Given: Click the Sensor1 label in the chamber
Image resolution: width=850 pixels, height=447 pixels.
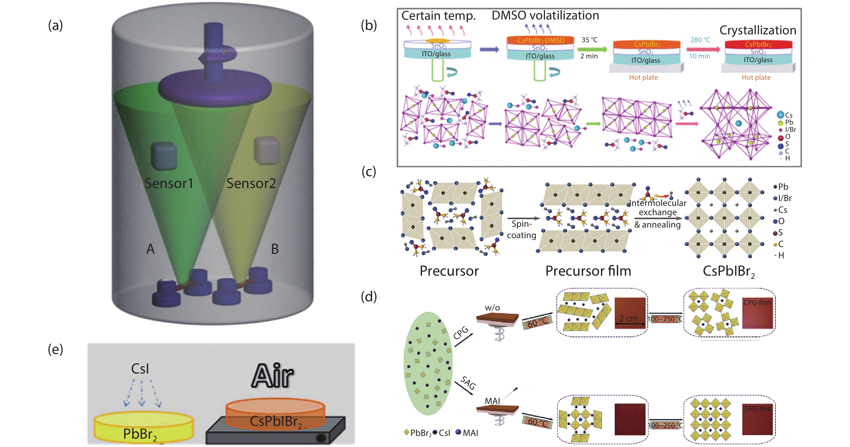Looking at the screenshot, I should pos(169,183).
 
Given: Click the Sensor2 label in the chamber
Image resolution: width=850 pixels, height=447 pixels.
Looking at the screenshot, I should pos(251,183).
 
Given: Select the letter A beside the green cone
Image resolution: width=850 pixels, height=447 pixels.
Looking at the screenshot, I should pos(151,249).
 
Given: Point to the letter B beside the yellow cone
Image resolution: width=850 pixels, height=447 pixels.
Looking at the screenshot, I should pos(274,249).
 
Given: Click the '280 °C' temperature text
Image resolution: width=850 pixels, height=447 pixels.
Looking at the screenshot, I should pos(700,40).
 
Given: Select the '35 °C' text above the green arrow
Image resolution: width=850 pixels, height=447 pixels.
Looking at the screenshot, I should pos(589,40).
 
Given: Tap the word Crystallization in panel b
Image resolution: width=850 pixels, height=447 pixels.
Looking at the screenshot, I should pos(758,30).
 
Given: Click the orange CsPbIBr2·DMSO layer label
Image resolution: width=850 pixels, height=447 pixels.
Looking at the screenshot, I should pos(540,40).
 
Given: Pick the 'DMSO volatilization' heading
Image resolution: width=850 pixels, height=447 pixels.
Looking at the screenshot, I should pos(545,15).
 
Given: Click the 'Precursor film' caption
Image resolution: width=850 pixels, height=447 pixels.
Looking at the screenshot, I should pos(588,271).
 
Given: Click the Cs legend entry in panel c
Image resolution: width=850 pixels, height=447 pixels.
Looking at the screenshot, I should pos(781,210).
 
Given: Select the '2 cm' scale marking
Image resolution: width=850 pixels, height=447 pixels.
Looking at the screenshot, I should pos(628,318).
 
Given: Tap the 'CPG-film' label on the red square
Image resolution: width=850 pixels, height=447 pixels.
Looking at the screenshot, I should pos(757,302).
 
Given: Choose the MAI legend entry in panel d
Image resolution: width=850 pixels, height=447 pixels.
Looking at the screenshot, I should pos(467,433).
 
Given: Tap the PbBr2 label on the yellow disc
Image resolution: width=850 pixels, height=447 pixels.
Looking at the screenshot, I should pos(140,434).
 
